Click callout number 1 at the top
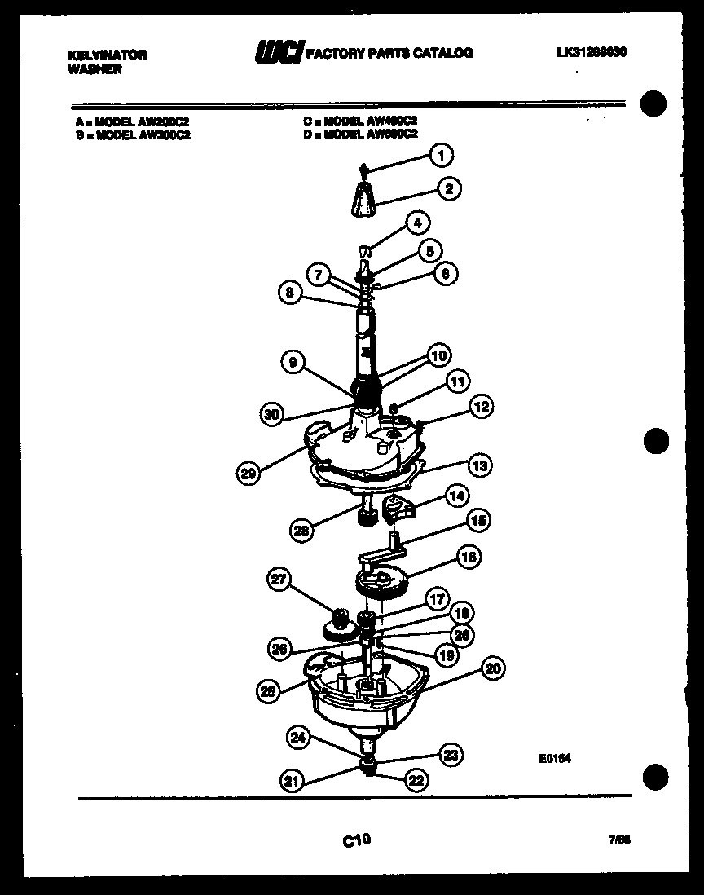(x=442, y=154)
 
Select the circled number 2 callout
(x=448, y=189)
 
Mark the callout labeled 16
(x=469, y=558)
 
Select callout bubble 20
(x=491, y=670)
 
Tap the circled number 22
(x=416, y=780)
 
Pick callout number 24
(x=299, y=739)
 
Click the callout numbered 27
(x=281, y=580)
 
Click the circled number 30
(x=275, y=415)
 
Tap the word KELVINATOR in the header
(x=106, y=55)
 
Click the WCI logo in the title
(x=278, y=54)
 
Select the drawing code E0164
(x=554, y=757)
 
